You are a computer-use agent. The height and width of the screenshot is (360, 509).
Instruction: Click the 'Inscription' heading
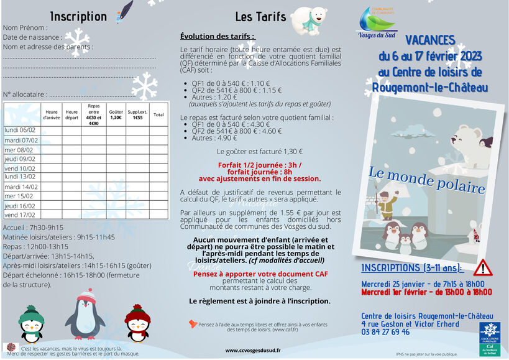point(78,17)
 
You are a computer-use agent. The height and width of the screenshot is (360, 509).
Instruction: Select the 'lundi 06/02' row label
point(20,130)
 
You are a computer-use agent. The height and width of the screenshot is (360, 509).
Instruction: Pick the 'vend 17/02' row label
point(20,215)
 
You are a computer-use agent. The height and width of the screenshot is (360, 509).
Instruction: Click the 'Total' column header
point(158,115)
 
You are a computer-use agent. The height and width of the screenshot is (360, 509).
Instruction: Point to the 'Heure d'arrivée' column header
point(51,115)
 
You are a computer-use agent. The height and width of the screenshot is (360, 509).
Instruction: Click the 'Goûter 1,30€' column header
point(116,115)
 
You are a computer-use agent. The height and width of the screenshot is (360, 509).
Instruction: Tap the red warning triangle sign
point(482,267)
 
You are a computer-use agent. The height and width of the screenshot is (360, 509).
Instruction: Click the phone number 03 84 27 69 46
point(393,332)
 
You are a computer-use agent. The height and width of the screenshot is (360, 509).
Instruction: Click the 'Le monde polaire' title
point(427,180)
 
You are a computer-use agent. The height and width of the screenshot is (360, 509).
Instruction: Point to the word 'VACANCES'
point(430,40)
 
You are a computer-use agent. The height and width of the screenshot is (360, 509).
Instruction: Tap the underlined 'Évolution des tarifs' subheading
point(218,37)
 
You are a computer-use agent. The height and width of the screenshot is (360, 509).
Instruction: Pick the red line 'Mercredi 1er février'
point(426,292)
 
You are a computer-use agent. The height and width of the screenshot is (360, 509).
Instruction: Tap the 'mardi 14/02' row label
point(21,187)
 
